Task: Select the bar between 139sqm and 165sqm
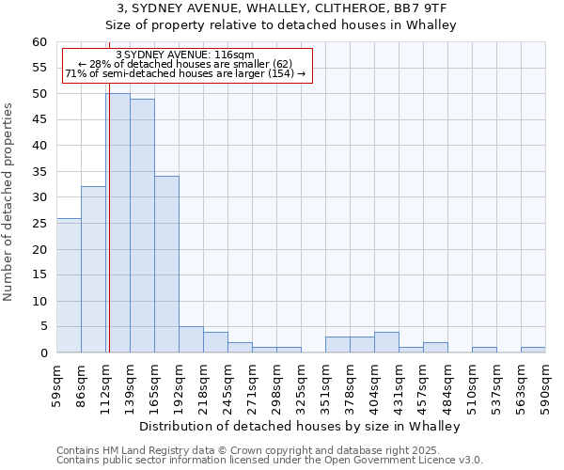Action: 142,226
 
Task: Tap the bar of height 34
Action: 166,264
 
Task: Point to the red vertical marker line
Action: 109,235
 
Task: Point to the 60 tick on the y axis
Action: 39,42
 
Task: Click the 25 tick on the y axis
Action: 39,224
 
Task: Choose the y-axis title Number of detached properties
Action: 9,202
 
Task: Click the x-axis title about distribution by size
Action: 305,426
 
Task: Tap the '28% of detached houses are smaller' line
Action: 185,64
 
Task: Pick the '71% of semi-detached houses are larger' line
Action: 185,73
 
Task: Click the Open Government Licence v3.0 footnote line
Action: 270,461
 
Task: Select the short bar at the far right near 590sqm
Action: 533,350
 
